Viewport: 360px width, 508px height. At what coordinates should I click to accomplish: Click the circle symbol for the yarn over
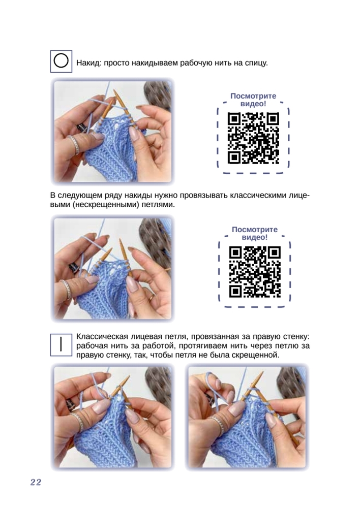point(61,61)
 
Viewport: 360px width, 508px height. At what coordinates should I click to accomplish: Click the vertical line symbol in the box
point(61,344)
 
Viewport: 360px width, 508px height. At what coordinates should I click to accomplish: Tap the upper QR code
point(253,138)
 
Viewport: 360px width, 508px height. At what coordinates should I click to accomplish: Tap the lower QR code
point(255,272)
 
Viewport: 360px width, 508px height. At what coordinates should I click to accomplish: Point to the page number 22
point(36,483)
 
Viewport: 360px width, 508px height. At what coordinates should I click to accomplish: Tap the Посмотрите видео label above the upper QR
point(253,100)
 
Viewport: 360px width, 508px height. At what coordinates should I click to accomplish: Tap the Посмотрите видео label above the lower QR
point(255,233)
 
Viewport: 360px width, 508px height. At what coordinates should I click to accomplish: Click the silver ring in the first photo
point(74,144)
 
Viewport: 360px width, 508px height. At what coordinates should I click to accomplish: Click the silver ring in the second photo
point(66,289)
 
